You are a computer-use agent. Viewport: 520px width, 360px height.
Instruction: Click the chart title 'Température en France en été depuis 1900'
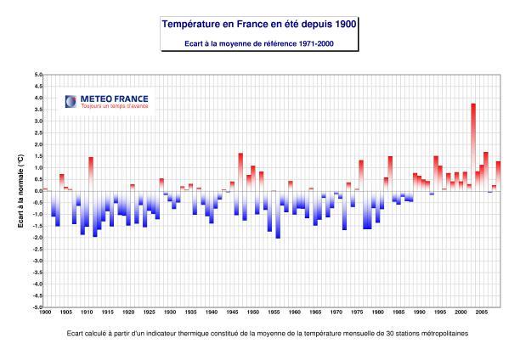point(259,25)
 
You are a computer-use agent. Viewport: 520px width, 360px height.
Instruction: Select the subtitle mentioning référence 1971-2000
point(259,43)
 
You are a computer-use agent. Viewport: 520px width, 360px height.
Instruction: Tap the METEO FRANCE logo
point(107,98)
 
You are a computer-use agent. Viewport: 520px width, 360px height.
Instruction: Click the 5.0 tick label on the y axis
point(37,75)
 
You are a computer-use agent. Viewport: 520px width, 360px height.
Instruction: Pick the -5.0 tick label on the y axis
point(37,307)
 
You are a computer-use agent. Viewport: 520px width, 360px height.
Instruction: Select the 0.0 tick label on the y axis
point(37,191)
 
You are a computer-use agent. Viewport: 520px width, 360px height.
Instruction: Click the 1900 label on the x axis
point(45,313)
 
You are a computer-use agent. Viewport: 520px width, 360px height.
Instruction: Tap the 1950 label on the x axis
point(253,313)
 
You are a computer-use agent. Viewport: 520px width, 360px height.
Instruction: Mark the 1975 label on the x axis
point(357,313)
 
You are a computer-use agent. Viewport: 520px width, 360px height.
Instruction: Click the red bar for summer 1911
point(91,173)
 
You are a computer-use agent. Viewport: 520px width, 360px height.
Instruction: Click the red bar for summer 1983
point(390,173)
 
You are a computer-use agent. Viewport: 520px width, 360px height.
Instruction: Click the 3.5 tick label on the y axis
point(37,110)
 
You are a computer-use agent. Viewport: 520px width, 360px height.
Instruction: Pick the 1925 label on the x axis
point(149,313)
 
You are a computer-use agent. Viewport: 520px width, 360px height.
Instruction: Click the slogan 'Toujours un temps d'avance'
point(114,106)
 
